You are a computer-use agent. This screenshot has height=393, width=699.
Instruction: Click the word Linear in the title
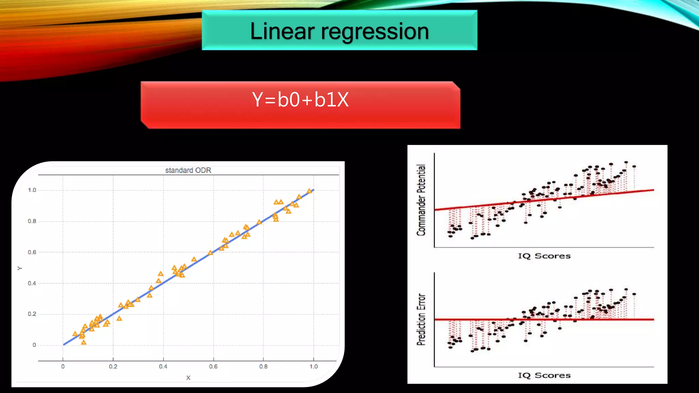click(x=282, y=31)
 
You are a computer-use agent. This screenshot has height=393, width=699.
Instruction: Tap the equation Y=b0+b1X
click(x=300, y=100)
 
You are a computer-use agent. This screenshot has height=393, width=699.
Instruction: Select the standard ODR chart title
click(x=188, y=170)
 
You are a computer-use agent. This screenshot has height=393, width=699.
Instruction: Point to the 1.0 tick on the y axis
click(x=32, y=190)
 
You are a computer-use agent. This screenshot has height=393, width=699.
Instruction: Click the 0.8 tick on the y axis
click(x=32, y=221)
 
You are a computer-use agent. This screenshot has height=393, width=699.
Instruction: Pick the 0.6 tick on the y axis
click(x=32, y=252)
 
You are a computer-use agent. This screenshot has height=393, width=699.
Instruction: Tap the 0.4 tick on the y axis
click(x=32, y=283)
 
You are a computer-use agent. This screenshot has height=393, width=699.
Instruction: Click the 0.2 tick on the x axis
click(x=113, y=366)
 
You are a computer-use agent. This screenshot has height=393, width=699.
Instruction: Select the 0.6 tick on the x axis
click(x=213, y=366)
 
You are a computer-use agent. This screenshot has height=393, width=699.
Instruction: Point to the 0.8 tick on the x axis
click(x=263, y=366)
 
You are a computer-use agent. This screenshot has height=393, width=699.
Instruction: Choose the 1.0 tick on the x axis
click(x=314, y=366)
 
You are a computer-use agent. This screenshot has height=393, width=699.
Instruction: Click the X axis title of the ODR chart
click(x=188, y=378)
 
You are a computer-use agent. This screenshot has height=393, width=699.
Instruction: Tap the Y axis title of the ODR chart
click(x=20, y=268)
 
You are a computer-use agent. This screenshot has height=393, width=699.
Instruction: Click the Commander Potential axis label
click(x=422, y=200)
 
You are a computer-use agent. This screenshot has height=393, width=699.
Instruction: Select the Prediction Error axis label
click(x=422, y=319)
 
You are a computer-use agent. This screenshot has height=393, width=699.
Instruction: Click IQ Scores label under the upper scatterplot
click(x=544, y=256)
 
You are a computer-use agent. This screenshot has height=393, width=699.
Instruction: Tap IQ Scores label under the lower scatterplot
click(x=544, y=375)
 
